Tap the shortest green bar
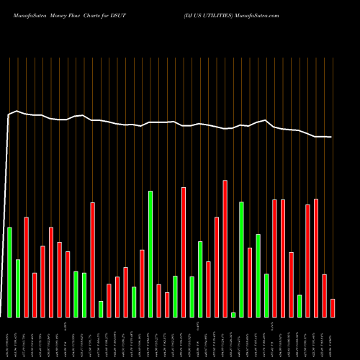click(233, 315)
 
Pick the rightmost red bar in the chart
click(333, 308)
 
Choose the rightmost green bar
click(300, 306)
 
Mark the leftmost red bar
click(26, 267)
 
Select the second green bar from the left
click(18, 288)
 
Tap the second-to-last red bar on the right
click(325, 296)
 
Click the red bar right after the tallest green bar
click(158, 301)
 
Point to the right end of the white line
click(331, 137)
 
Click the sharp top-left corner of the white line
click(9, 114)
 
